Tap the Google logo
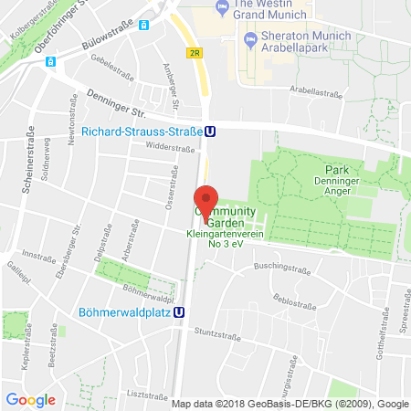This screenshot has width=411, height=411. click(x=30, y=399)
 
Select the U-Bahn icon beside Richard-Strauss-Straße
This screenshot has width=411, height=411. click(x=210, y=131)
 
